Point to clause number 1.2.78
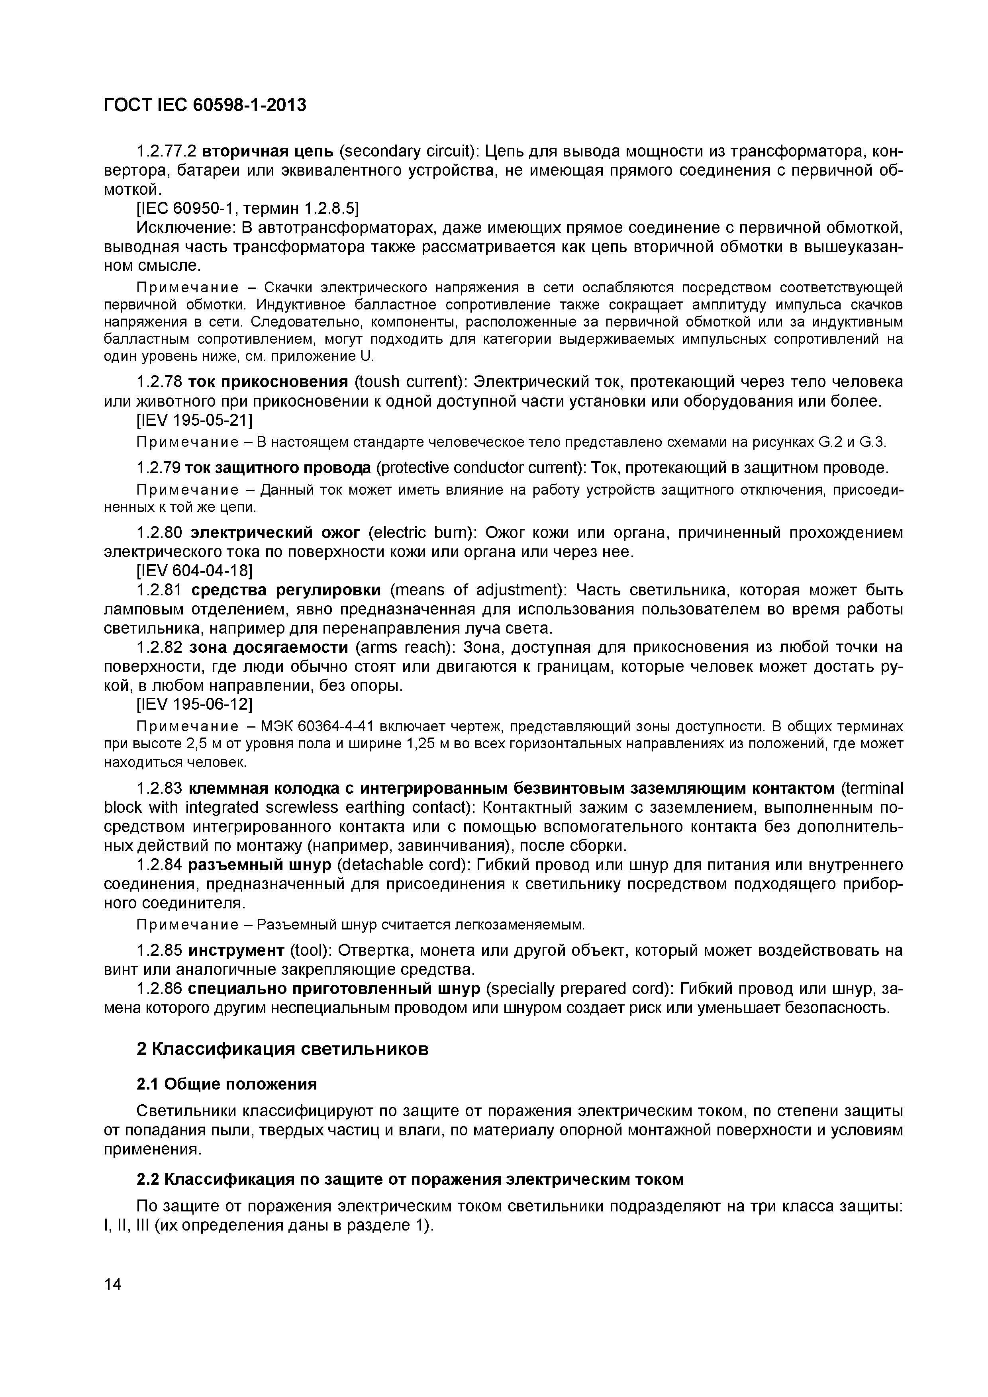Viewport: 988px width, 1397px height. [159, 382]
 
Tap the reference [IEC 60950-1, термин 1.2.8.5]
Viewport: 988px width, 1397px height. [248, 209]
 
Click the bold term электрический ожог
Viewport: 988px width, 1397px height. [275, 533]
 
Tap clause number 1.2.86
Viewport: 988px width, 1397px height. [159, 989]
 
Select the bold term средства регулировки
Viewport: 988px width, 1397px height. [286, 590]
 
